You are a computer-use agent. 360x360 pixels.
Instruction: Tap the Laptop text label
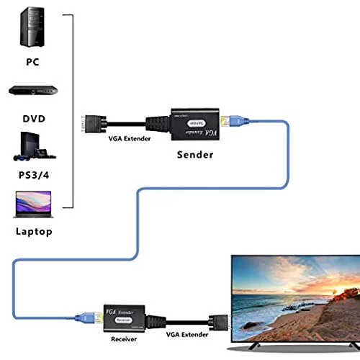(33, 231)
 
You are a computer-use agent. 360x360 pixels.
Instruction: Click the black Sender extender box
(194, 124)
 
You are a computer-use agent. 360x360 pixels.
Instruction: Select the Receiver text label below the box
(124, 338)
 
